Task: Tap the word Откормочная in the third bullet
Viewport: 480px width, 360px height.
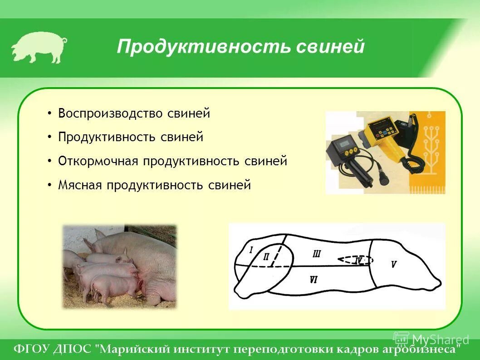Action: pyautogui.click(x=98, y=161)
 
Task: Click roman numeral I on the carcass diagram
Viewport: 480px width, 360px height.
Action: pyautogui.click(x=251, y=249)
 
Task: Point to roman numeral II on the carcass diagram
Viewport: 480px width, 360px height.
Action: pyautogui.click(x=266, y=257)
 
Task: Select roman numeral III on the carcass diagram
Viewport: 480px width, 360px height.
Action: pyautogui.click(x=317, y=253)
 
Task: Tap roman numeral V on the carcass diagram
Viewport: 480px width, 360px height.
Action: pyautogui.click(x=394, y=264)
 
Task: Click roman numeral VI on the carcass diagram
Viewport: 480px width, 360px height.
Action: pyautogui.click(x=313, y=280)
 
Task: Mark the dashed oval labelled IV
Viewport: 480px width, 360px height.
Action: pyautogui.click(x=356, y=260)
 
